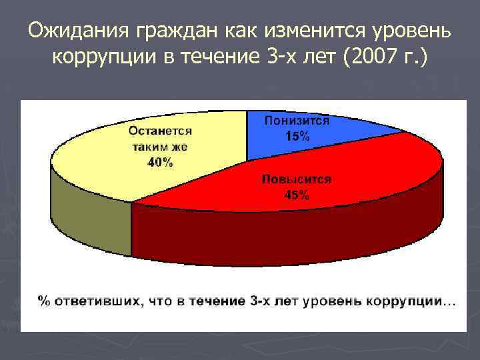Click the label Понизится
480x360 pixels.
(x=297, y=121)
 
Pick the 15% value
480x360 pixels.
(x=297, y=137)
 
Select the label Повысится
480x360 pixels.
(x=296, y=180)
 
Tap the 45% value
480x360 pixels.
(x=296, y=195)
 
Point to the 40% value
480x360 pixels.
(x=160, y=162)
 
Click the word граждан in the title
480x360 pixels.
(x=171, y=31)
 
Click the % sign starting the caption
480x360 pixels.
(x=44, y=301)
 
